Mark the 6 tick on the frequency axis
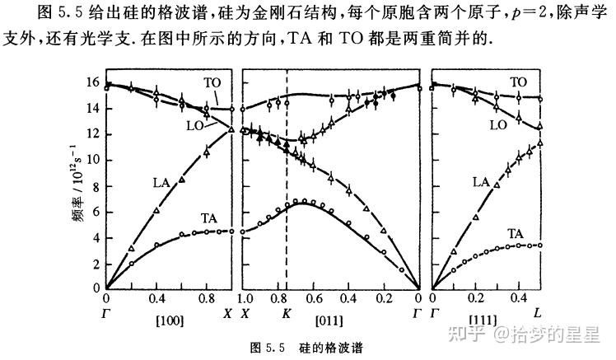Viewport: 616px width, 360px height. [x=96, y=211]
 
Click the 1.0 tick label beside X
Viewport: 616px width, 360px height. [x=245, y=298]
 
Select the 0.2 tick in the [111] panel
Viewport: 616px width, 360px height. [x=474, y=298]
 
